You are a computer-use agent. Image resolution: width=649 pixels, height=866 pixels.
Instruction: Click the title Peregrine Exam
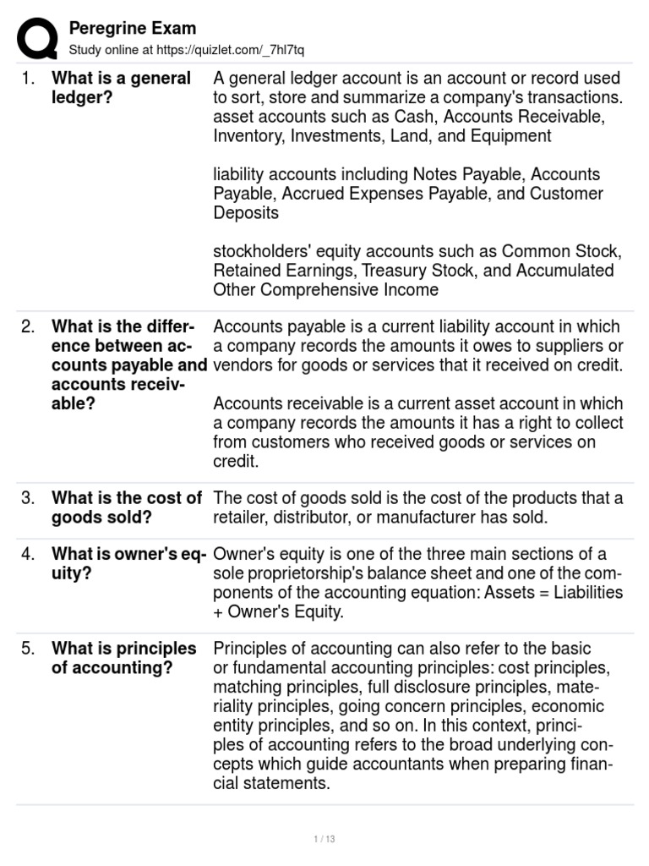132,28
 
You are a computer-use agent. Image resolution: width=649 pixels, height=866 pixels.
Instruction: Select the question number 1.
28,79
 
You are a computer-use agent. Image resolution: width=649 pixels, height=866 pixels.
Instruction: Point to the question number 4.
28,555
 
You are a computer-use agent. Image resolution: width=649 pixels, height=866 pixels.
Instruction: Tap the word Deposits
246,213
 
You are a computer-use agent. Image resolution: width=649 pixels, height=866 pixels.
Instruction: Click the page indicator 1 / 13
324,839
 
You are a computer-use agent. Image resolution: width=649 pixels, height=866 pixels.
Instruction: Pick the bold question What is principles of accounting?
123,659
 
